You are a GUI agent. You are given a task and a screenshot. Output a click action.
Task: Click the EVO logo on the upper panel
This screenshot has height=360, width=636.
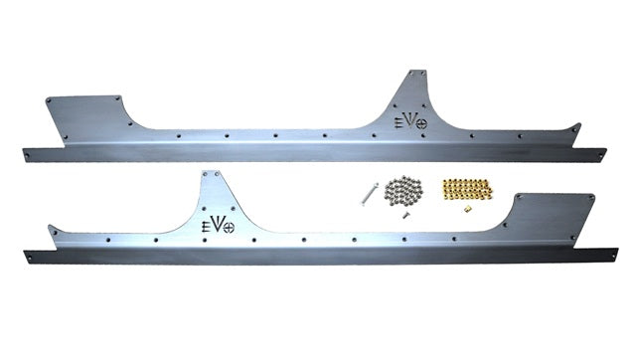tap(410, 121)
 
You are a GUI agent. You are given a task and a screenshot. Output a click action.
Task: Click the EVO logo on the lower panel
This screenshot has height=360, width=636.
tap(218, 225)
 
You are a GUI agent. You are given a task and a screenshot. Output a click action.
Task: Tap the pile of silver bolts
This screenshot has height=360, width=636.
tap(403, 190)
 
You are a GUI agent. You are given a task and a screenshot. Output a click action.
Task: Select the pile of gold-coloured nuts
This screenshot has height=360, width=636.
tap(467, 189)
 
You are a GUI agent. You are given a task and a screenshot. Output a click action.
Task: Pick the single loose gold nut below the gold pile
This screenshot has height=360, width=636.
tap(468, 209)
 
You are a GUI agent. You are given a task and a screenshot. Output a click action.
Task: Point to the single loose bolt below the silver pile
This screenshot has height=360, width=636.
tap(404, 215)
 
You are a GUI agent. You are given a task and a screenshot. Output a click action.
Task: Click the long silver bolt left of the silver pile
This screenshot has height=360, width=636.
tap(369, 194)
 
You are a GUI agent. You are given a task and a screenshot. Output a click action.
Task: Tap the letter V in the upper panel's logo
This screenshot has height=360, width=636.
tap(410, 120)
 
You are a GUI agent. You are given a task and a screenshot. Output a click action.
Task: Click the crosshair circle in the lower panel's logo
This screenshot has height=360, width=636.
tap(229, 228)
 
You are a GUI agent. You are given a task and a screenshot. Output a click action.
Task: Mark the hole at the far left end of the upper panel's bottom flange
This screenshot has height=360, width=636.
tap(28, 155)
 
